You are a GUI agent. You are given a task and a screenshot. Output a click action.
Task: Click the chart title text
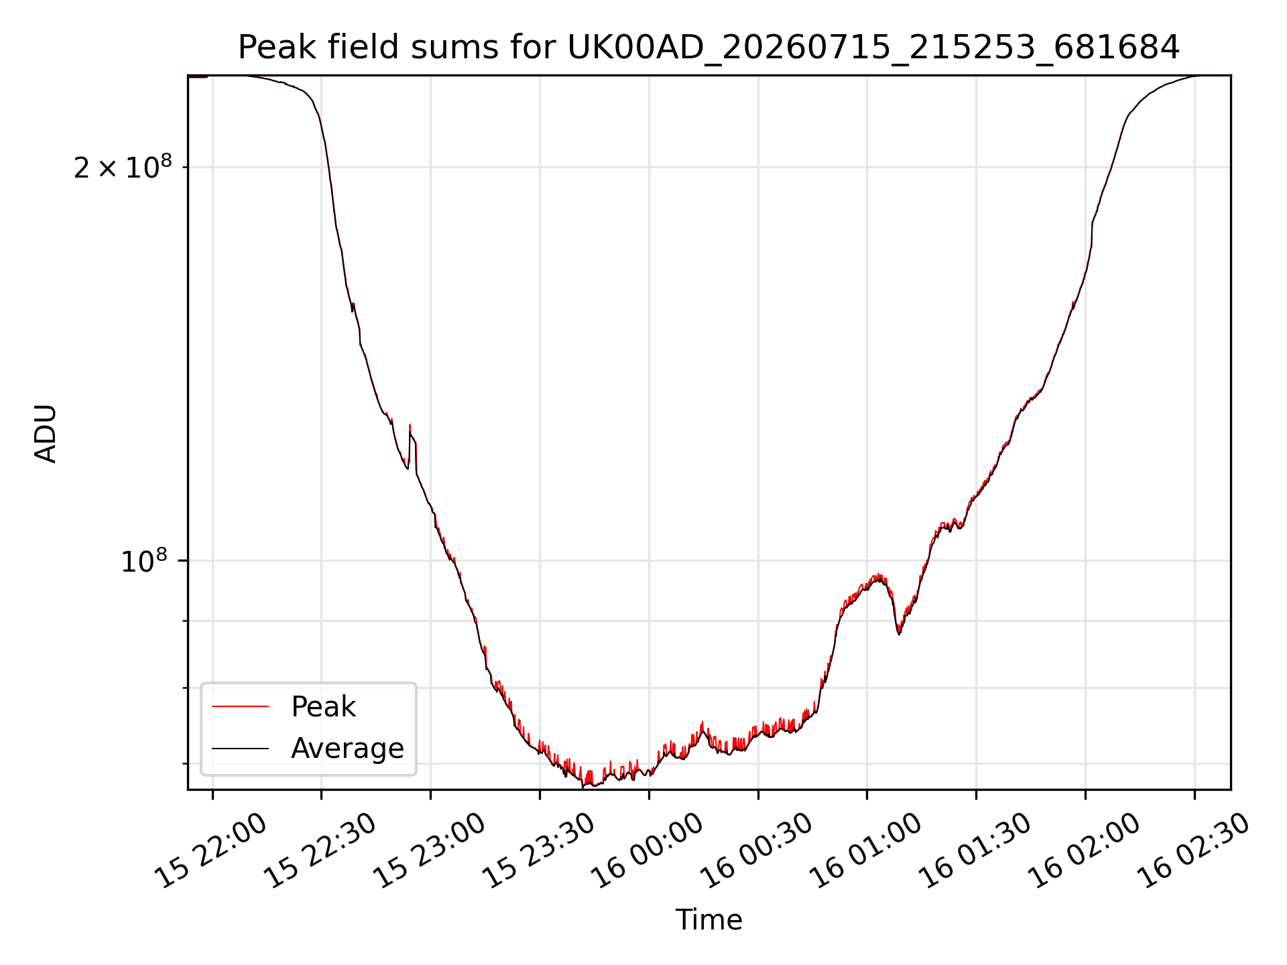[709, 48]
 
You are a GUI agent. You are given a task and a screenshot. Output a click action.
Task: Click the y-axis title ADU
[46, 433]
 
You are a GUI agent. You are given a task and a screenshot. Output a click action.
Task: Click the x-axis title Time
[709, 919]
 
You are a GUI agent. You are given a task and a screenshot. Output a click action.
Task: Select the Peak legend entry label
[323, 707]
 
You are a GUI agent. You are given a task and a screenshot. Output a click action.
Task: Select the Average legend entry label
[347, 749]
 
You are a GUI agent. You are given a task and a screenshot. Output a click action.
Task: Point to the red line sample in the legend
[240, 706]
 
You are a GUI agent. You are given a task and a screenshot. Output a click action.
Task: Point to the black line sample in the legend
[240, 748]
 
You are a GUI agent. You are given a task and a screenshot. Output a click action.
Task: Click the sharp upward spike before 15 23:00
[410, 426]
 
